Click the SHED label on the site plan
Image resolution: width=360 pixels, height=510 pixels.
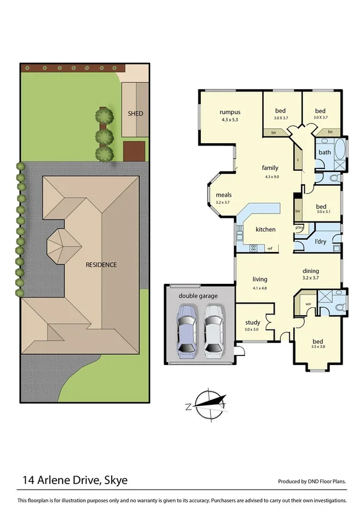(135, 113)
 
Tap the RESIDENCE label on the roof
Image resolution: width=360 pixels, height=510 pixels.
(100, 265)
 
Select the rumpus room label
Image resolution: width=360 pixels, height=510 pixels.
(230, 112)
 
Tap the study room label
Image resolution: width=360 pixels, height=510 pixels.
(251, 322)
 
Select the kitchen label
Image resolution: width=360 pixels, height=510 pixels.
(265, 230)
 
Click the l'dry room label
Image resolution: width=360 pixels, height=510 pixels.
(321, 242)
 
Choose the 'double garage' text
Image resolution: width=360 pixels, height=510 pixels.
(198, 296)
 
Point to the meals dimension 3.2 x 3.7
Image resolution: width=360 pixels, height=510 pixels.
(223, 203)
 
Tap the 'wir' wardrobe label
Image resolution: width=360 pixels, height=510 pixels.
(308, 304)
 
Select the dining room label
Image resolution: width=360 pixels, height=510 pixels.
(311, 271)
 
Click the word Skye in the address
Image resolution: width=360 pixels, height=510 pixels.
(116, 480)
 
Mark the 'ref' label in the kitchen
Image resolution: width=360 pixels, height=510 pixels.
(270, 248)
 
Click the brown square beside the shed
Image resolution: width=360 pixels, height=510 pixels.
(135, 151)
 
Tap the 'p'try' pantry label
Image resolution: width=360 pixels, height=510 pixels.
(299, 228)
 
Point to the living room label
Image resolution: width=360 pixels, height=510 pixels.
(259, 279)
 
